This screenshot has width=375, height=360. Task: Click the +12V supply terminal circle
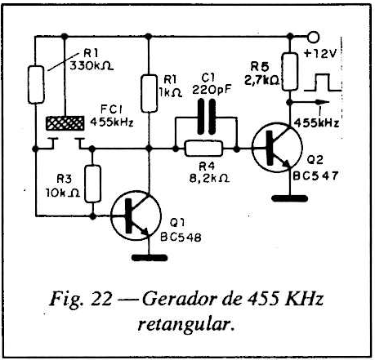(x=314, y=37)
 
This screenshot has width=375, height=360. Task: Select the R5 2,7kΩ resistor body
(x=290, y=72)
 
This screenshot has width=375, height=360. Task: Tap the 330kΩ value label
(x=92, y=66)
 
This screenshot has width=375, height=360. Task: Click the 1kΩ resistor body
(x=150, y=93)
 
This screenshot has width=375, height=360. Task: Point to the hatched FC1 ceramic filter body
(x=65, y=123)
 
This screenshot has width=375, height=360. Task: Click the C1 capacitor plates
(x=207, y=117)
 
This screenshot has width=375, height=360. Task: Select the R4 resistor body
(x=204, y=149)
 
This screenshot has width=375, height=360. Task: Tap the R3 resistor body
(x=92, y=184)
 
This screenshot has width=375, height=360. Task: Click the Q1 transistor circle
(x=136, y=216)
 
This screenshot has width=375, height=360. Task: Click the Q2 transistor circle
(x=277, y=147)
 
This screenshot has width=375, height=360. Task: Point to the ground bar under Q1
(x=150, y=257)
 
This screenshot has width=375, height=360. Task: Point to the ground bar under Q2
(x=290, y=198)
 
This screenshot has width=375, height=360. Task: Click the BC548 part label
(x=181, y=238)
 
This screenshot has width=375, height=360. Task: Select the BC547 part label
(x=315, y=176)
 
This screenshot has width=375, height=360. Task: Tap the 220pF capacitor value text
(x=212, y=90)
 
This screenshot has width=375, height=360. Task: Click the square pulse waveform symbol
(x=323, y=82)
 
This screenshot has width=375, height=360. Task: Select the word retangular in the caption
(x=186, y=325)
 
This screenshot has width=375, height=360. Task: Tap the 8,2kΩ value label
(x=209, y=178)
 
